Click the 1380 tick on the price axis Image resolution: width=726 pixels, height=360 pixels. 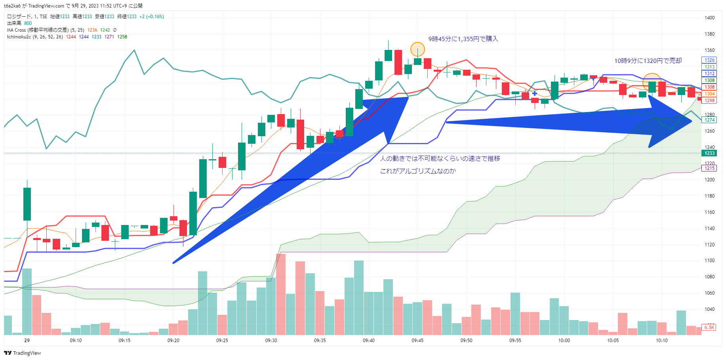click(x=709, y=34)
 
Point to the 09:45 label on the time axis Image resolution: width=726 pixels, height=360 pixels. click(x=417, y=341)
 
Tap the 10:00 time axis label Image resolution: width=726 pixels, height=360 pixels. click(x=564, y=341)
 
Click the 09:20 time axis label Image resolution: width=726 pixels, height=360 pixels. click(x=173, y=341)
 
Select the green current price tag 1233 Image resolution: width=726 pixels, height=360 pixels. click(x=709, y=153)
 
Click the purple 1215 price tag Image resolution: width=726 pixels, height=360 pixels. click(x=709, y=168)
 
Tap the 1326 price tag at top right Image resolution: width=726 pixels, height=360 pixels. click(x=709, y=60)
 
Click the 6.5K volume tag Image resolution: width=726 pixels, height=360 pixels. click(x=709, y=328)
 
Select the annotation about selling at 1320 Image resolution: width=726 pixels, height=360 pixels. click(x=648, y=61)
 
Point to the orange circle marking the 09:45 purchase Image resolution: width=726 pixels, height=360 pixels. click(x=417, y=50)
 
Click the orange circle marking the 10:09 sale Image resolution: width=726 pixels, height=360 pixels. click(x=652, y=82)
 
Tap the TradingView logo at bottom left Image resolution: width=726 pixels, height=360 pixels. click(x=23, y=353)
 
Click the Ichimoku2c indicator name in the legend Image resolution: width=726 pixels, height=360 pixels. click(x=19, y=37)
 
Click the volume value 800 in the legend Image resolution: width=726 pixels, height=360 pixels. click(x=28, y=23)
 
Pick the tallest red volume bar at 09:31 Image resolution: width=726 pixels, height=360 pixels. click(x=281, y=294)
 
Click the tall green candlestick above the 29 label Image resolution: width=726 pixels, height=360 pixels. click(x=27, y=204)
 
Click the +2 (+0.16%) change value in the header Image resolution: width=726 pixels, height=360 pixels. click(x=152, y=17)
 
